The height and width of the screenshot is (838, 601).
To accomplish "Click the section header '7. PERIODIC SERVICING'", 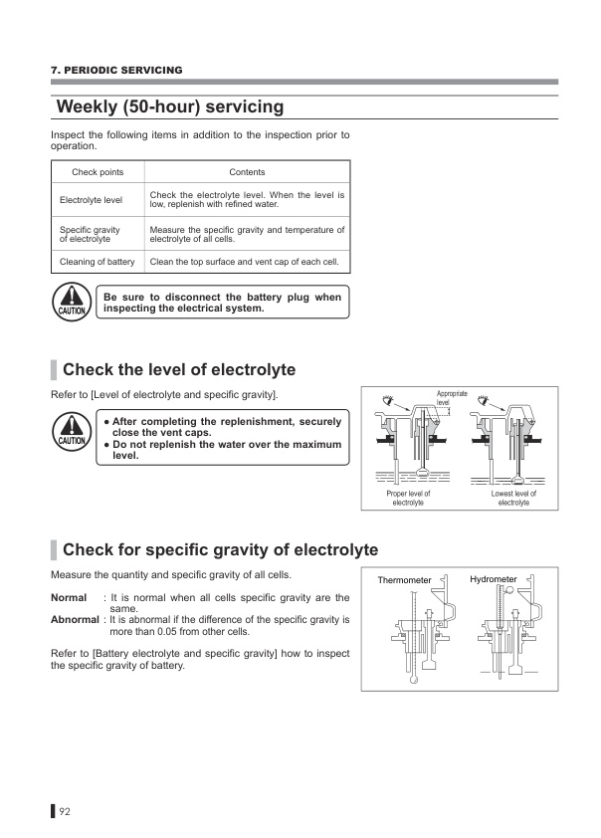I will tap(116, 70).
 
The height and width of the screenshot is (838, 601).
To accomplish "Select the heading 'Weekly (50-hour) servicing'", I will tap(170, 106).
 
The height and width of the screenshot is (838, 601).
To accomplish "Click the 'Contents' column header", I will tap(247, 172).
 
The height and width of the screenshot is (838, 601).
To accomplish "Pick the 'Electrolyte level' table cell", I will tap(91, 200).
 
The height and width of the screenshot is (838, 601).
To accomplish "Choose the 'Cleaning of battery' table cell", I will tap(98, 262).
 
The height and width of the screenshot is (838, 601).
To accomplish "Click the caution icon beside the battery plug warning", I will tap(72, 302).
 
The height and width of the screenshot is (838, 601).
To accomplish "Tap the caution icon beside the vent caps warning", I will tap(72, 433).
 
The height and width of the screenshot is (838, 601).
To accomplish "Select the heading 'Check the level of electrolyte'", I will tap(179, 370).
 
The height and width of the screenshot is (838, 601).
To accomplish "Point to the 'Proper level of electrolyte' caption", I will tap(408, 498).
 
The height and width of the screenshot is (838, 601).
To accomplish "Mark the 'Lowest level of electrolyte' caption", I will tap(513, 498).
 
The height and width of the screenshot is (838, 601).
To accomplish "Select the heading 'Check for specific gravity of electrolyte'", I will tap(220, 549).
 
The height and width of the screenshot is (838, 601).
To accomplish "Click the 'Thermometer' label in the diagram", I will tap(404, 579).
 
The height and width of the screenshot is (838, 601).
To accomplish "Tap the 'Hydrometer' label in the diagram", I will tap(494, 578).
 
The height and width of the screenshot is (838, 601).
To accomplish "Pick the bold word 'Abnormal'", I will tap(75, 620).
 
